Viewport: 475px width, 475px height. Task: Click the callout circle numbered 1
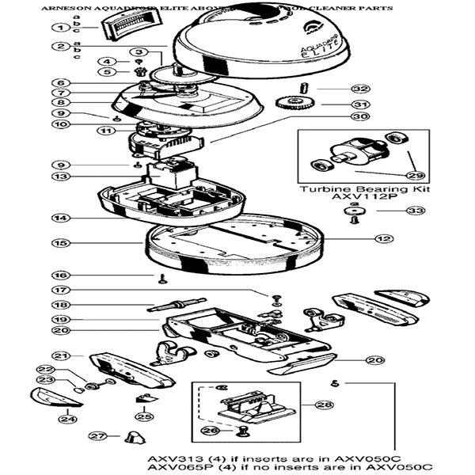coord(58,28)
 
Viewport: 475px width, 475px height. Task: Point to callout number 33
coord(415,211)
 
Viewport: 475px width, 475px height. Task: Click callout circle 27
coord(97,436)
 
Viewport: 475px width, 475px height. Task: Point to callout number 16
coord(57,275)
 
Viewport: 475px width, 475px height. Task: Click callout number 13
coord(58,175)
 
